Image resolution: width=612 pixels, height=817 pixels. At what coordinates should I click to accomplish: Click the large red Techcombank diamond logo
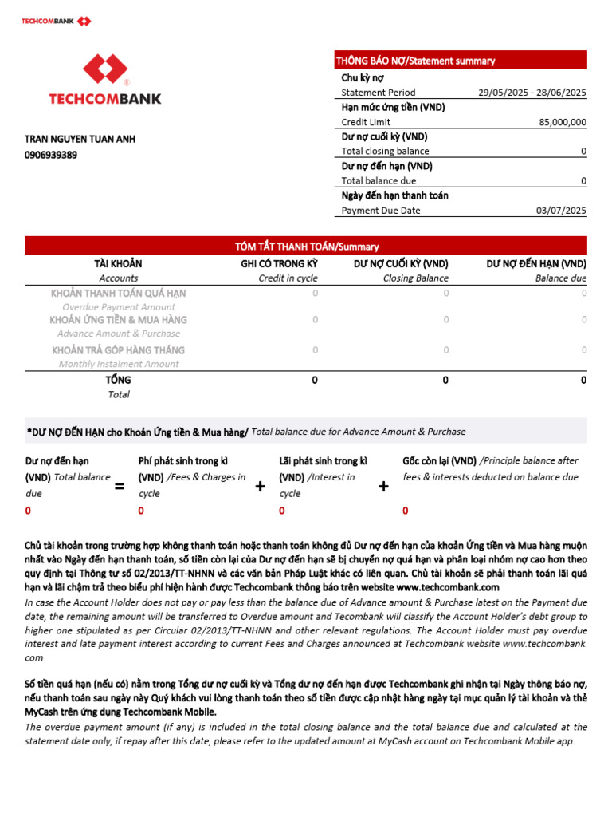(x=105, y=69)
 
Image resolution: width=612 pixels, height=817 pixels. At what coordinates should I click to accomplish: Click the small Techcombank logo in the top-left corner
(x=56, y=21)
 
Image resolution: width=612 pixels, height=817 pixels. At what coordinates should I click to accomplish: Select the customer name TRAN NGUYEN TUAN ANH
(x=80, y=139)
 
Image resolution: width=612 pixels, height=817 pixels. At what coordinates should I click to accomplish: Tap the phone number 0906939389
(x=51, y=155)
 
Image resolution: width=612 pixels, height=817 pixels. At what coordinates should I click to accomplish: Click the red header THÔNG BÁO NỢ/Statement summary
(x=415, y=61)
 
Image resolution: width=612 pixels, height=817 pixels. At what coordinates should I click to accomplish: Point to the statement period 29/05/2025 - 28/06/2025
(x=532, y=93)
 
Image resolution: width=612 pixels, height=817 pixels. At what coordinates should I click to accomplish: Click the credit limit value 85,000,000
(x=563, y=122)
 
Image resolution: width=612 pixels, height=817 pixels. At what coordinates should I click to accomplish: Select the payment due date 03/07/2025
(x=561, y=211)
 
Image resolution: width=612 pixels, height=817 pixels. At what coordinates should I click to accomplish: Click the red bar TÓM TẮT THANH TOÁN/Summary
(x=306, y=247)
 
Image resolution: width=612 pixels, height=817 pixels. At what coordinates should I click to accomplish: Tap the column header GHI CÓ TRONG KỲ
(x=279, y=264)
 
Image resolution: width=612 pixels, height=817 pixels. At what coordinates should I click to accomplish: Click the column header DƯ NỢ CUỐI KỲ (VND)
(x=401, y=264)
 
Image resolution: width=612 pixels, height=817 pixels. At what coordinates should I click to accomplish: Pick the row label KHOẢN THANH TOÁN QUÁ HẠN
(x=118, y=293)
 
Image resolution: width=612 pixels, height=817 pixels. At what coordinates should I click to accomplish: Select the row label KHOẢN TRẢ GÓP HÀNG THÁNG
(x=118, y=350)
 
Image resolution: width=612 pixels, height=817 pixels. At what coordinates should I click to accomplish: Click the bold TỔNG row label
(x=118, y=381)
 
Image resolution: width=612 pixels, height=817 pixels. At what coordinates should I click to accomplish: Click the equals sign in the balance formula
(x=120, y=486)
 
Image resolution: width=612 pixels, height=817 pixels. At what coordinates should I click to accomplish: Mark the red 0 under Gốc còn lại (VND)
(x=406, y=511)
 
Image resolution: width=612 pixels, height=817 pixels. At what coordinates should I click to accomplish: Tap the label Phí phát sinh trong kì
(x=183, y=460)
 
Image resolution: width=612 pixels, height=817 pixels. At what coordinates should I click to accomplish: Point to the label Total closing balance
(x=385, y=152)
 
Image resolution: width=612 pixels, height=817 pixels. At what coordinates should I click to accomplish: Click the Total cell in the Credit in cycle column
(x=315, y=381)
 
